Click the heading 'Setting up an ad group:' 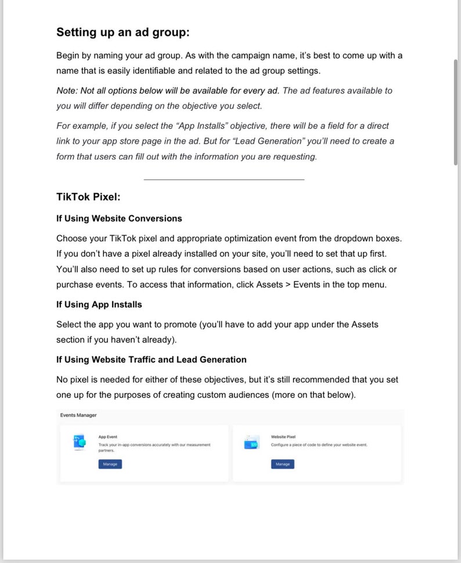tap(123, 33)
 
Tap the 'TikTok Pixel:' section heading tap(88, 197)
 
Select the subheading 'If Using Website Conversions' tap(119, 219)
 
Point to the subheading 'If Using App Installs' tap(99, 305)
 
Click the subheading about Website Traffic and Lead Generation tap(151, 360)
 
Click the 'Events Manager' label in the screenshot tap(78, 415)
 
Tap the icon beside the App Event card tap(78, 443)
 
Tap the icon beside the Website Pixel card tap(251, 443)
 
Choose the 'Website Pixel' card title tap(283, 436)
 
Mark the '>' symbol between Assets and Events tap(288, 284)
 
